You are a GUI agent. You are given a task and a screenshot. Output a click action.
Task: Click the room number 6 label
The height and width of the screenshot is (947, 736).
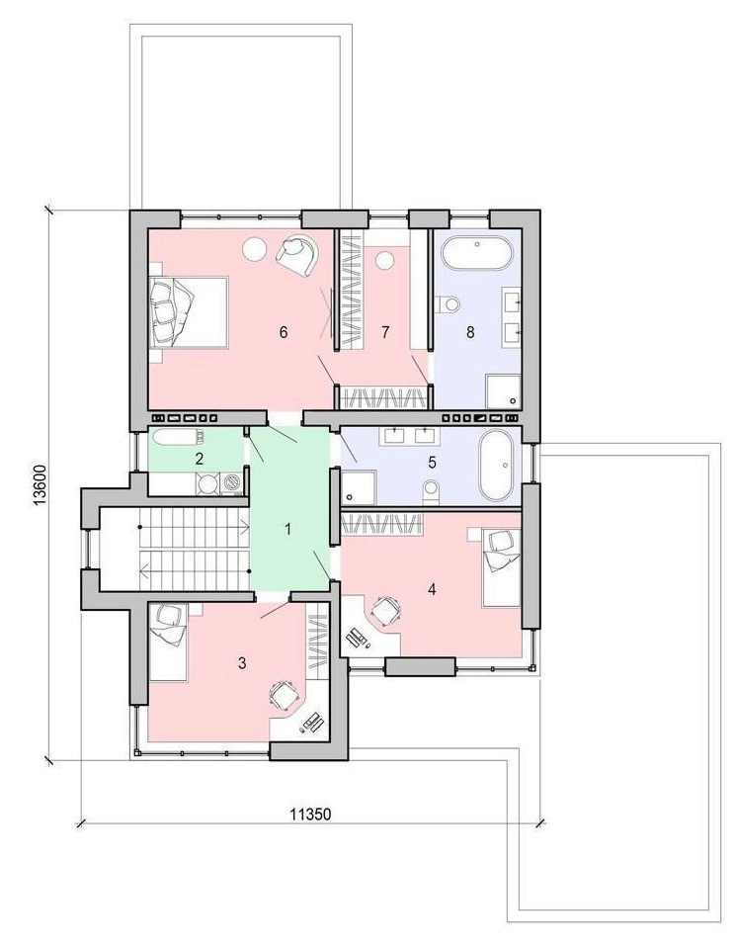coord(284,332)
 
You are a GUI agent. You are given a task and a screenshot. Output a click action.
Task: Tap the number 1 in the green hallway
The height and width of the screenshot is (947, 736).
coord(288,530)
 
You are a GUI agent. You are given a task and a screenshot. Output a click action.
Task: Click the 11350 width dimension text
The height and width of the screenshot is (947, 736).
coord(310,815)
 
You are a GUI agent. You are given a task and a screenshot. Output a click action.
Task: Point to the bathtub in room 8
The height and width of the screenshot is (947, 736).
coord(477,253)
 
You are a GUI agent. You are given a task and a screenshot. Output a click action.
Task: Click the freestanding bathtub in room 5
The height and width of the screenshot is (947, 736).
coord(497,465)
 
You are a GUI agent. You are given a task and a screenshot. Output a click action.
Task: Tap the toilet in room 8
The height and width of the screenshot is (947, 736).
coord(448,304)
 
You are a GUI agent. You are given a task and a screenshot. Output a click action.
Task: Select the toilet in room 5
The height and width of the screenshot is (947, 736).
coord(431,490)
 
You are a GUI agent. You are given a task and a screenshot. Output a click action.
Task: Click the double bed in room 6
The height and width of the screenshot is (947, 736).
coord(189,312)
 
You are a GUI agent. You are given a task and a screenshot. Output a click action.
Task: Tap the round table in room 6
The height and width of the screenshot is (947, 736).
coord(255,249)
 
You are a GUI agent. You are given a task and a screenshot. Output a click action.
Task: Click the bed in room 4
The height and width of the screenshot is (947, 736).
coord(502,567)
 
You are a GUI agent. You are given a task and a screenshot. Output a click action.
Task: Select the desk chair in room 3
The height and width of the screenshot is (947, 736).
coord(283,695)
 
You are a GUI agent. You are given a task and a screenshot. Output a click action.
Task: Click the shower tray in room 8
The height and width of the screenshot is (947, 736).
coord(504,391)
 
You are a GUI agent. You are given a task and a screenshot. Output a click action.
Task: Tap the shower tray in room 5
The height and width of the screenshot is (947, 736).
coord(358,487)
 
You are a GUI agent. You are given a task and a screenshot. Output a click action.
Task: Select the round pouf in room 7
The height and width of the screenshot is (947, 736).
coord(383,262)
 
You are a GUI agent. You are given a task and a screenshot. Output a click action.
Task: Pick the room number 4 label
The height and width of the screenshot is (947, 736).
coord(431,589)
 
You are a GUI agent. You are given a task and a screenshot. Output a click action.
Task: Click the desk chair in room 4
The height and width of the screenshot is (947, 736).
coord(386,612)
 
